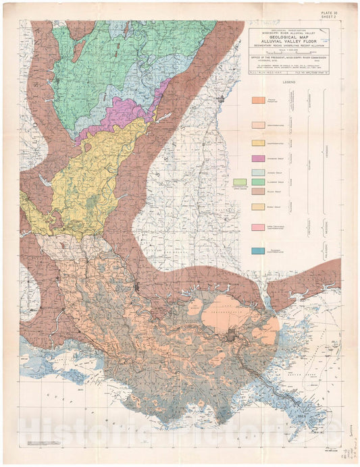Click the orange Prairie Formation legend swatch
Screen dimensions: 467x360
258,101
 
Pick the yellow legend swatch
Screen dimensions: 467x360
258,142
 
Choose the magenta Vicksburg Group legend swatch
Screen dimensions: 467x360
258,158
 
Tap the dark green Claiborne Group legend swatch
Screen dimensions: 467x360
258,182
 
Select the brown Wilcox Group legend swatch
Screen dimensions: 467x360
258,192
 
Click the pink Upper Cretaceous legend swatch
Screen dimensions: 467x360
258,227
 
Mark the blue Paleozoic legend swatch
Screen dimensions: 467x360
258,251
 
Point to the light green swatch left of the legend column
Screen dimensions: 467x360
240,182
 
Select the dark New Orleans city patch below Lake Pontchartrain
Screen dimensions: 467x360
234,335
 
